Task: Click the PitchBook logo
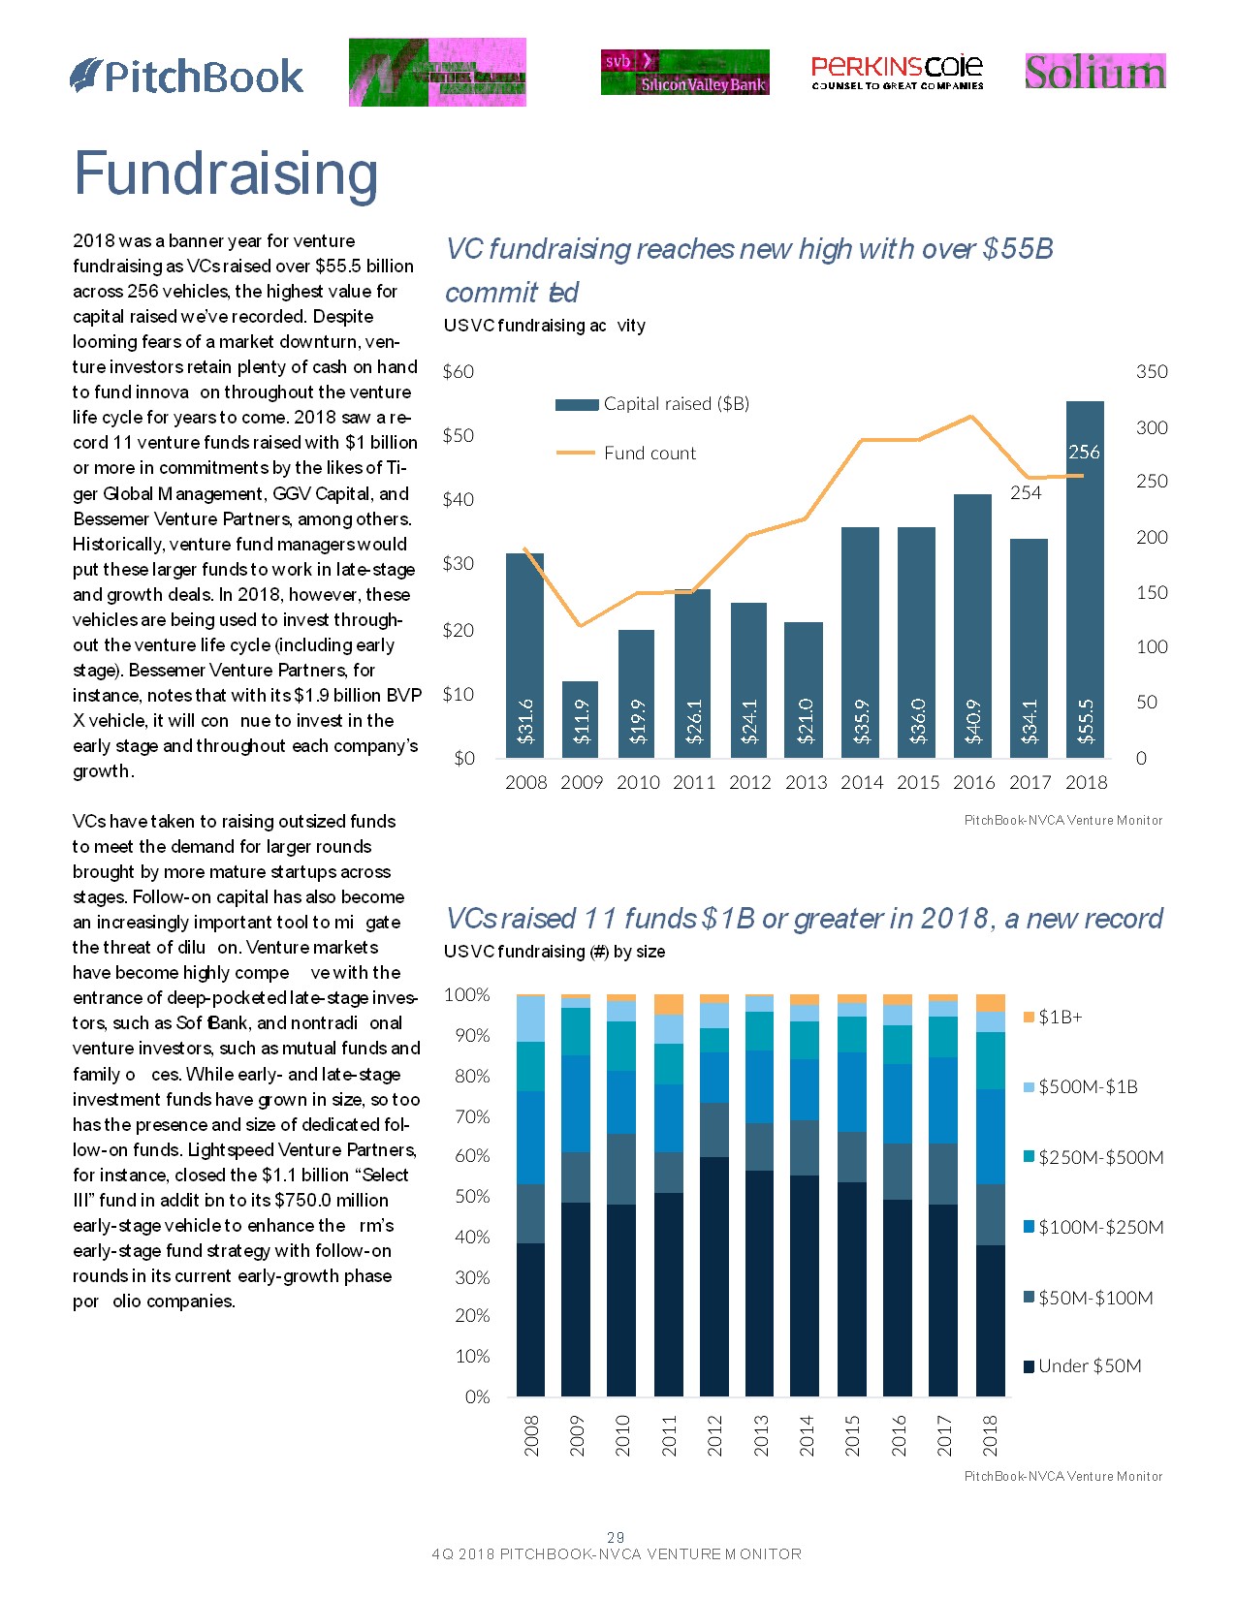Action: [187, 77]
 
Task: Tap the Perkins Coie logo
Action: [897, 72]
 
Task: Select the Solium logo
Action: [1094, 72]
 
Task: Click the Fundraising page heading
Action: [226, 174]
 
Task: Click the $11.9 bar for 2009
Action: [581, 719]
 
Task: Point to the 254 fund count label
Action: [1026, 493]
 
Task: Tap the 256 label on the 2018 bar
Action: [1084, 453]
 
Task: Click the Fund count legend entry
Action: [649, 454]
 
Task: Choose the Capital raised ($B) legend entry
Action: [675, 404]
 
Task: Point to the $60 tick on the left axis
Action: [459, 372]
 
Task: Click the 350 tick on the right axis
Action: [1152, 372]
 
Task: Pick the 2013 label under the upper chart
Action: [806, 783]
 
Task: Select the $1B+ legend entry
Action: [1060, 1017]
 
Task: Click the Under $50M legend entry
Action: [1089, 1366]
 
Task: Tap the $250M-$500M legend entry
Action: [1100, 1157]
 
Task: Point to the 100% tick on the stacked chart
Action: [466, 995]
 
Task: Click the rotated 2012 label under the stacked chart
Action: [714, 1435]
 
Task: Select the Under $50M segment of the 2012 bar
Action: [714, 1276]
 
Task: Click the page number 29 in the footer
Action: [616, 1537]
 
